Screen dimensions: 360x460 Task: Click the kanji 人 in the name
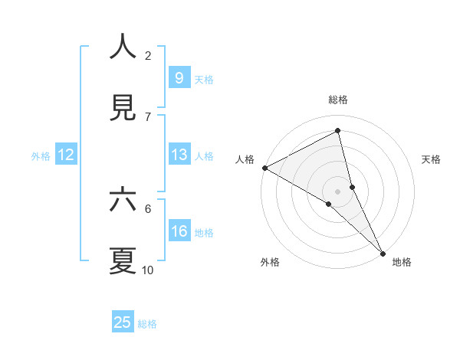pos(123,47)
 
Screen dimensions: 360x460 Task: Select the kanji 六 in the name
pos(123,201)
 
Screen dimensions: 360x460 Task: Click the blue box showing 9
pos(179,77)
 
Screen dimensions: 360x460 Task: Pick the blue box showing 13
pos(179,155)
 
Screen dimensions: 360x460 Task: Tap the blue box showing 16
pos(179,231)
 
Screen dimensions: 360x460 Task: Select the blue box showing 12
pos(66,155)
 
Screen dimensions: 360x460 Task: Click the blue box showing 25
pos(123,322)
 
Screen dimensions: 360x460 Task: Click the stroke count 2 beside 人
pos(148,55)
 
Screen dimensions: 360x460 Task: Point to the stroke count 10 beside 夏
pos(148,270)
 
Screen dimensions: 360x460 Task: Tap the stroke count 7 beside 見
pos(148,116)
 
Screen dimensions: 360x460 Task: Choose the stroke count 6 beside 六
pos(148,208)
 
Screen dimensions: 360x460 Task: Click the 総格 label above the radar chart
pos(338,100)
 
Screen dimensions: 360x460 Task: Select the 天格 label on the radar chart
pos(431,159)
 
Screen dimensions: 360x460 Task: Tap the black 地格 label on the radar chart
pos(402,262)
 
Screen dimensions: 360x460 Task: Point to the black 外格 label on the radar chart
pos(270,262)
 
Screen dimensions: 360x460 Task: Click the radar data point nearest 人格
pos(264,168)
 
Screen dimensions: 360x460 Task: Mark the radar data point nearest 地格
pos(383,252)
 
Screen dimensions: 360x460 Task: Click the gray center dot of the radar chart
pos(338,191)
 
